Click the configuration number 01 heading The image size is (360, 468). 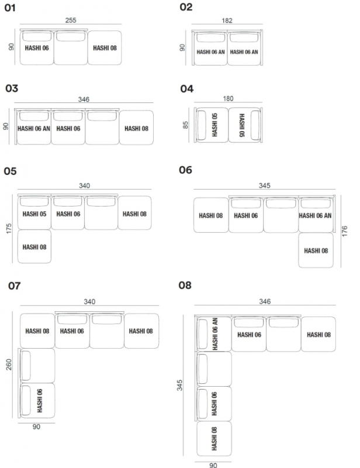click(10, 8)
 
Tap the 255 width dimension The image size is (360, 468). click(71, 20)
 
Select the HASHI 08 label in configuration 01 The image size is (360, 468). click(105, 48)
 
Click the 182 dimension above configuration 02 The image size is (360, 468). click(227, 20)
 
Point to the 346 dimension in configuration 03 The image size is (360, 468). click(84, 99)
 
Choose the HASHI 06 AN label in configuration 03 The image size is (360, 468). click(34, 129)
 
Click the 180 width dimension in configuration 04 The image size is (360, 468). click(228, 98)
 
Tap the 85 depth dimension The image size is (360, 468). click(185, 125)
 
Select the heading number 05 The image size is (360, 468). click(10, 171)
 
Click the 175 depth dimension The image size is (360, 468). click(9, 228)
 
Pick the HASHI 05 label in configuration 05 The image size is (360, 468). click(34, 214)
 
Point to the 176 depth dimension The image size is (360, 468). click(344, 231)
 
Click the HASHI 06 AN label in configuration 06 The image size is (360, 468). click(315, 216)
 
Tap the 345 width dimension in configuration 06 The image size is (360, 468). click(265, 185)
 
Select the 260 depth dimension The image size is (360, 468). click(9, 364)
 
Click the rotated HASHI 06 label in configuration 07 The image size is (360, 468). click(40, 401)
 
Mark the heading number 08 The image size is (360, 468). click(185, 285)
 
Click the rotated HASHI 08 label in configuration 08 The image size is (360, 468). click(214, 439)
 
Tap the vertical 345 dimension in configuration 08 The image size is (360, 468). click(179, 386)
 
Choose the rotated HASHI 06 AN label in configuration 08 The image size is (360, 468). click(215, 334)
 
